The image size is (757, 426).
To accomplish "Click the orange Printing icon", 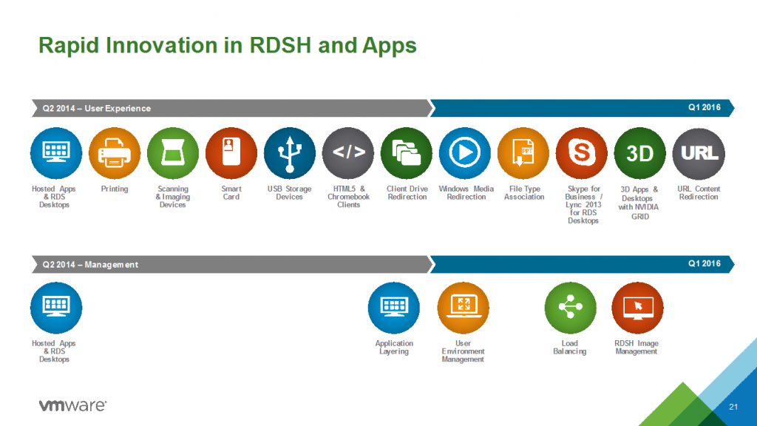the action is click(115, 154).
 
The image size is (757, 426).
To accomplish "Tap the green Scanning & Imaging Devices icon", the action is click(173, 154).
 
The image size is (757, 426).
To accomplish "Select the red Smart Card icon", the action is click(231, 154).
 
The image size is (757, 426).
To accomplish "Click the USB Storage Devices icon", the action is click(290, 154).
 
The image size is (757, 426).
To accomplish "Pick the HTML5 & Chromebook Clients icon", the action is click(348, 154).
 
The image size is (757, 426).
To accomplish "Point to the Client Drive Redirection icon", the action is click(407, 154).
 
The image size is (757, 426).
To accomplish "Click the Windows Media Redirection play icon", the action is click(465, 154).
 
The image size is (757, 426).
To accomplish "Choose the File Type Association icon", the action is click(523, 154).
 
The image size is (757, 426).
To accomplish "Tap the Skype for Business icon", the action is click(582, 154).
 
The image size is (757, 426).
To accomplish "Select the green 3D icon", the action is click(640, 154).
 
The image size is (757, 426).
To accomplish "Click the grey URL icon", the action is click(699, 154).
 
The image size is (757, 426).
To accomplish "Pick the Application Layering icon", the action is click(394, 308).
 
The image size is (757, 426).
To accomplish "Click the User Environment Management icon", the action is click(464, 308).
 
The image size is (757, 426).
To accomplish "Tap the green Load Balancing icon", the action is click(570, 308).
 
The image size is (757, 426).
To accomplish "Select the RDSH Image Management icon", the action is click(637, 308).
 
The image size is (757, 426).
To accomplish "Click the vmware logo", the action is click(72, 405).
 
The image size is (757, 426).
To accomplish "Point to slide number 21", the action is click(733, 408).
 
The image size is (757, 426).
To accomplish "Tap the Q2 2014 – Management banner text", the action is click(90, 265).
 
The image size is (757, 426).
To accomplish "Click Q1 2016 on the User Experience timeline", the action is click(705, 107).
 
